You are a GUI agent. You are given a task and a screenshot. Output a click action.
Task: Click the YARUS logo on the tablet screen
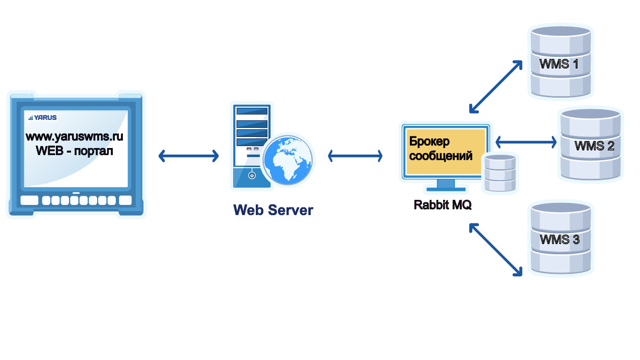pyautogui.click(x=43, y=117)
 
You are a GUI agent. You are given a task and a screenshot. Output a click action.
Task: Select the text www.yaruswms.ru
pyautogui.click(x=75, y=136)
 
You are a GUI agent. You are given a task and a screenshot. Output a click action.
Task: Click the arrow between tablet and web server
pyautogui.click(x=188, y=156)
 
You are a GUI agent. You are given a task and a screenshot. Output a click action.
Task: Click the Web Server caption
pyautogui.click(x=273, y=210)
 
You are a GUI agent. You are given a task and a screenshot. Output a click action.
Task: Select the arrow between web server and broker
pyautogui.click(x=355, y=156)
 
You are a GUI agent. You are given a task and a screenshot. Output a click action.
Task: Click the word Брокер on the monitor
pyautogui.click(x=429, y=141)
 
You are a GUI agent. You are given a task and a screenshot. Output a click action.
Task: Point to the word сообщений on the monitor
pyautogui.click(x=441, y=156)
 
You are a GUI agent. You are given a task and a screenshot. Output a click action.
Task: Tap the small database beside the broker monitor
pyautogui.click(x=499, y=173)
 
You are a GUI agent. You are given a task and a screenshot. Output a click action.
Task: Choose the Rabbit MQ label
pyautogui.click(x=443, y=205)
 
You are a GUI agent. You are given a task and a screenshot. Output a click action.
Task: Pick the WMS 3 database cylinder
pyautogui.click(x=560, y=239)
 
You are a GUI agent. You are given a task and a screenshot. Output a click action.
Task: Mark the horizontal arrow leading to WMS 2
pyautogui.click(x=526, y=142)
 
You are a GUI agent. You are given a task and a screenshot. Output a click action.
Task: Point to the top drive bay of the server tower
pyautogui.click(x=252, y=111)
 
